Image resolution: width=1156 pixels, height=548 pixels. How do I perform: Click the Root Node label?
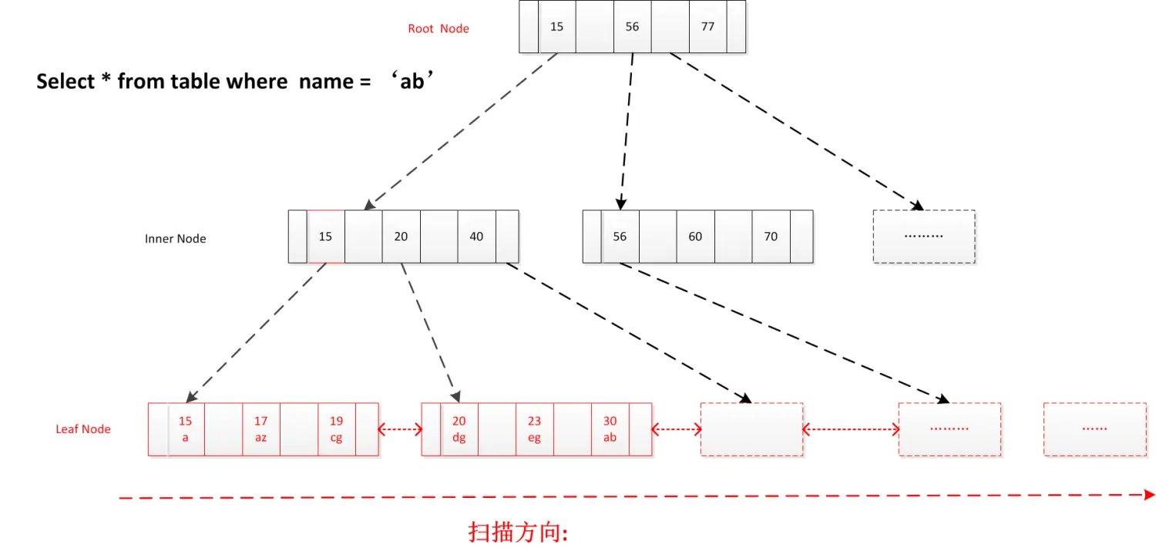pyautogui.click(x=439, y=29)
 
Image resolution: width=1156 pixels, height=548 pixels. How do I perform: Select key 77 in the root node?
pyautogui.click(x=707, y=27)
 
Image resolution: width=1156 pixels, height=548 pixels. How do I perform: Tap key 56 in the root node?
pyautogui.click(x=632, y=27)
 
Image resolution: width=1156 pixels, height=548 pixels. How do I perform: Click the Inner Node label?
pyautogui.click(x=175, y=239)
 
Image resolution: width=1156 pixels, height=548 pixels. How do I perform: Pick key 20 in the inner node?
pyautogui.click(x=401, y=237)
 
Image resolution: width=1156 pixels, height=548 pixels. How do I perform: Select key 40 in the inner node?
pyautogui.click(x=476, y=237)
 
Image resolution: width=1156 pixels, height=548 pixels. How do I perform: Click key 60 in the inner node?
pyautogui.click(x=695, y=237)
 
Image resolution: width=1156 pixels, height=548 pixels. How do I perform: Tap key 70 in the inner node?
pyautogui.click(x=771, y=237)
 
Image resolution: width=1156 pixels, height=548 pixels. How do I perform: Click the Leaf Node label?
pyautogui.click(x=83, y=429)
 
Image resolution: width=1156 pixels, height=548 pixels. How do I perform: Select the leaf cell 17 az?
pyautogui.click(x=261, y=429)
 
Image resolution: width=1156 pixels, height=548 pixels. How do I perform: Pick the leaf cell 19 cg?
pyautogui.click(x=337, y=429)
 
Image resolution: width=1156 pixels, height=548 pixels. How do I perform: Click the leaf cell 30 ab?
pyautogui.click(x=610, y=429)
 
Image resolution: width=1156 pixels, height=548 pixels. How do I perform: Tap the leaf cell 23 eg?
pyautogui.click(x=535, y=429)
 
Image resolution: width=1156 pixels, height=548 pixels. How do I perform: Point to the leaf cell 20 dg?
pyautogui.click(x=459, y=429)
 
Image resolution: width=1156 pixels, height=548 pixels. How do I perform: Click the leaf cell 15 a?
pyautogui.click(x=186, y=429)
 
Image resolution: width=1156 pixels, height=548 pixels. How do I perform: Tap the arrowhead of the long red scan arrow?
pyautogui.click(x=1149, y=495)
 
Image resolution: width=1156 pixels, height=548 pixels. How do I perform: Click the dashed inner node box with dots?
pyautogui.click(x=923, y=237)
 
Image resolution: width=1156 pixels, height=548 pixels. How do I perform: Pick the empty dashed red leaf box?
pyautogui.click(x=751, y=429)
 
